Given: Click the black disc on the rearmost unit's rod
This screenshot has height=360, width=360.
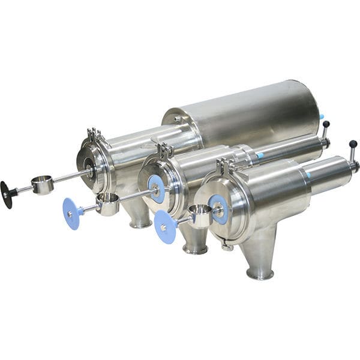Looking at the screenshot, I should (8, 194).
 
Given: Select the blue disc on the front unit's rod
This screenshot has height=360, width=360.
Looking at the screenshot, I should (165, 227).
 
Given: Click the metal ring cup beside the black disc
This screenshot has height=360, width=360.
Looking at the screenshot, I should (42, 185).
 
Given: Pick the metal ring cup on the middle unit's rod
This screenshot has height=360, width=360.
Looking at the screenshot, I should (107, 204).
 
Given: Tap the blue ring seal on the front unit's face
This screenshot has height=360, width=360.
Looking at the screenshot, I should (218, 209).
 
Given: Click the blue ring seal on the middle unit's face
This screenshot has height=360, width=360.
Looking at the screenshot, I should (157, 189).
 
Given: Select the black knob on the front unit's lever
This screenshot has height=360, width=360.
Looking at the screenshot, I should (353, 144).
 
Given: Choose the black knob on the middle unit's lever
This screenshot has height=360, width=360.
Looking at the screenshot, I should (326, 124).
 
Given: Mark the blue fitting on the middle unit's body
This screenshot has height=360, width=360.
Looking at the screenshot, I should (259, 155).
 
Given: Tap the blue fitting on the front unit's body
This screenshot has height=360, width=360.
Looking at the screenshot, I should (308, 174).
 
